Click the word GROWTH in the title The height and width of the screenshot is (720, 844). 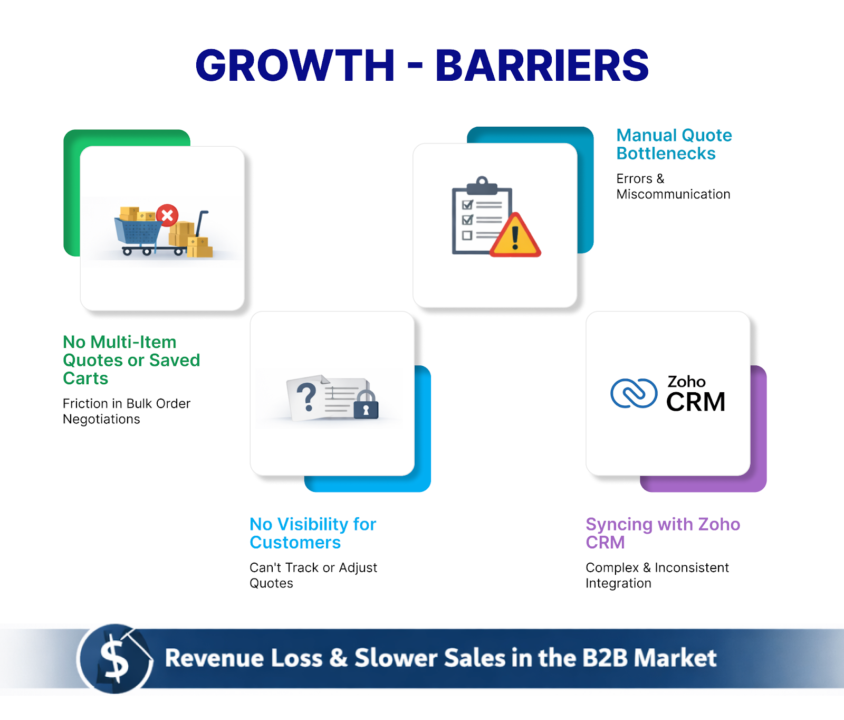point(295,65)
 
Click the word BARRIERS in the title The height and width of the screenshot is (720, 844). point(542,65)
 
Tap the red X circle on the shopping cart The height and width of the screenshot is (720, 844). point(167,215)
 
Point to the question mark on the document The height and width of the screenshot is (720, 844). point(306,397)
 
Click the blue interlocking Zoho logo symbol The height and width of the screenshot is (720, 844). point(634,394)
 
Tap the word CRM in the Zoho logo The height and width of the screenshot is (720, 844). point(695,402)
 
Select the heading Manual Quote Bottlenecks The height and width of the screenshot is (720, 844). point(674,144)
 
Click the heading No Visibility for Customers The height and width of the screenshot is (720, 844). point(312,533)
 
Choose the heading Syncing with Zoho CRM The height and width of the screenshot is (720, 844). point(663,533)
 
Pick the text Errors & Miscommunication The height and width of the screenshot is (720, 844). point(673,186)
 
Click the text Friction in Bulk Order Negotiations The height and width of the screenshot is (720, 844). point(126,411)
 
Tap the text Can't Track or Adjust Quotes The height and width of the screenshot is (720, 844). point(313,575)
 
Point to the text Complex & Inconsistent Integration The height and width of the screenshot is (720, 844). point(657,575)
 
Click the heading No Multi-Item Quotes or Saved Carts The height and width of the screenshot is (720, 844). point(131,360)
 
